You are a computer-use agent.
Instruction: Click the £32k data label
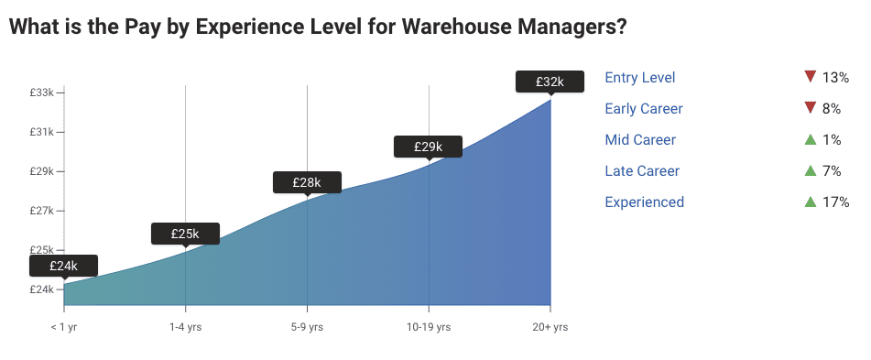(550, 82)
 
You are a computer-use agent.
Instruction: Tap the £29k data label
(428, 147)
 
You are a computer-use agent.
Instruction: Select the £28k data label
(307, 182)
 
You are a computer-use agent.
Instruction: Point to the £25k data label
(185, 234)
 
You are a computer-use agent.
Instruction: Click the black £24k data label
(63, 266)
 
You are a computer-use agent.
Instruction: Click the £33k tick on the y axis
(42, 93)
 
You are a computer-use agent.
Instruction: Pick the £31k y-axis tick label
(42, 132)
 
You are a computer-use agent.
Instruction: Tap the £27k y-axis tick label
(42, 211)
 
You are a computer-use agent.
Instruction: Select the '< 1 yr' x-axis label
(64, 327)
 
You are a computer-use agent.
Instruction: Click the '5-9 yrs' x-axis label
(307, 327)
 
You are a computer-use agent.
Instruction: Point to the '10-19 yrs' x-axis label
(429, 327)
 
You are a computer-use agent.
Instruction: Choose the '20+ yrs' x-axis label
(550, 327)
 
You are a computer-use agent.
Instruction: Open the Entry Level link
(640, 78)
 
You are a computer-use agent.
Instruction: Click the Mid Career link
(640, 140)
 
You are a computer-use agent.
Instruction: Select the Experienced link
(644, 202)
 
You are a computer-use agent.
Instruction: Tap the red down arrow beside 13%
(809, 77)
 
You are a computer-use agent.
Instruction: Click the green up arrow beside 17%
(809, 202)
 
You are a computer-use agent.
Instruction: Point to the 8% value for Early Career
(832, 109)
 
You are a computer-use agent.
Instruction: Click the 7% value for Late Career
(832, 171)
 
